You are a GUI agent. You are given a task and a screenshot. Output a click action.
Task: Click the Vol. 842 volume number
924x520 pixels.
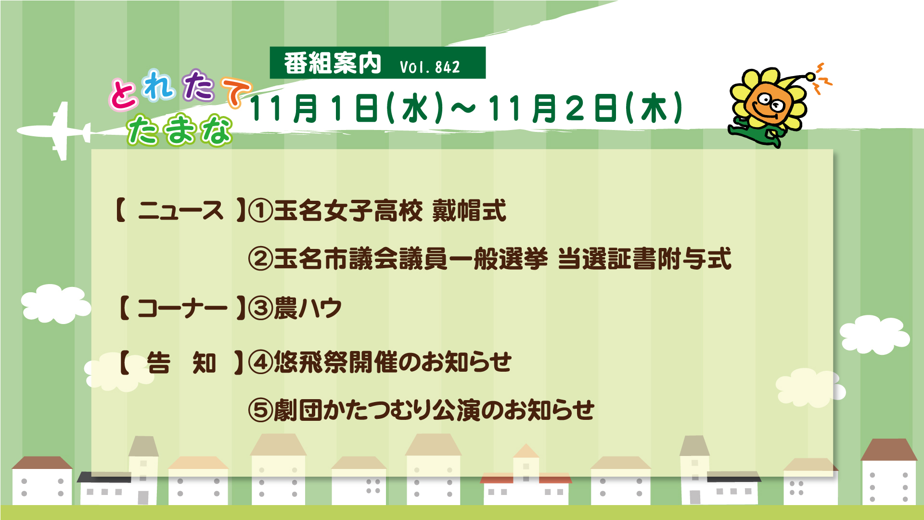pos(430,67)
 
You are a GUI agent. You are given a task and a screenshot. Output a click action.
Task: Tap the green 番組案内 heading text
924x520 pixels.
pos(333,63)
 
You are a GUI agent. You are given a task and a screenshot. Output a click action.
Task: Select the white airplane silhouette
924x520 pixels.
pos(54,130)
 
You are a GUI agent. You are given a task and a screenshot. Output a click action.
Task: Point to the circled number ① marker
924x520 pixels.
pos(260,211)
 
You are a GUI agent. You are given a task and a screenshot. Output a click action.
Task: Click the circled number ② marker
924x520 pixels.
pos(260,259)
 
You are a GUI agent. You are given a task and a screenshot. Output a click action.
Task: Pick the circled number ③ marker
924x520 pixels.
pos(260,308)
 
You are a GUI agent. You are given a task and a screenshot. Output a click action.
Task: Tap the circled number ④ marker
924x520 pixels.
pos(260,362)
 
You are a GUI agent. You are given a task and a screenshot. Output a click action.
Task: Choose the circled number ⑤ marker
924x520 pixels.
pos(260,410)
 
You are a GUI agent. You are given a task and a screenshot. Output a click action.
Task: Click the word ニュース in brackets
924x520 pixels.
pos(181,211)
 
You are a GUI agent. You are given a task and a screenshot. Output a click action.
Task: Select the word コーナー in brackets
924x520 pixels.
pos(182,308)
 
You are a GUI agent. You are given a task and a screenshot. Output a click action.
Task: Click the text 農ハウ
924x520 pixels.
pos(308,308)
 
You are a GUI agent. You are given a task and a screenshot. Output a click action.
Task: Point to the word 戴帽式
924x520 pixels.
pos(469,211)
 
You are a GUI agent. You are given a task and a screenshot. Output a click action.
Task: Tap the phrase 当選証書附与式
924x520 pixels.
pos(645,259)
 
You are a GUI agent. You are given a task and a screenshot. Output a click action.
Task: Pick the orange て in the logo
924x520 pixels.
pos(236,91)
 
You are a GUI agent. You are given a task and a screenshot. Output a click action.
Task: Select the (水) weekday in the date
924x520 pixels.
pos(415,108)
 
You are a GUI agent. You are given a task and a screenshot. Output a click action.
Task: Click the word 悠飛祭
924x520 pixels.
pos(311,362)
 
